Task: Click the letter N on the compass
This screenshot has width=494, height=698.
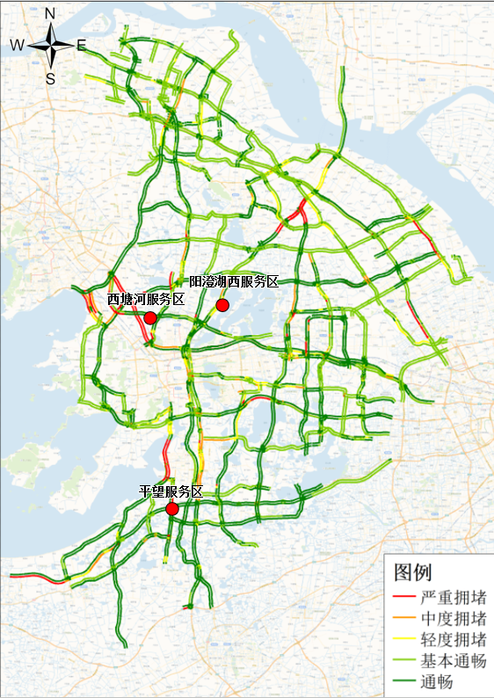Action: (50, 14)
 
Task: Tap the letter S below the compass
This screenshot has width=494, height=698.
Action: (50, 77)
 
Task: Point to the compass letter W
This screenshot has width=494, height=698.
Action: (17, 45)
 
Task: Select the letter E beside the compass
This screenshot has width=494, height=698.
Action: (81, 46)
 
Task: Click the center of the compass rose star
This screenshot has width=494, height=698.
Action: (50, 46)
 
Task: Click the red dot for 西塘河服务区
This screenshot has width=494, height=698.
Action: (150, 317)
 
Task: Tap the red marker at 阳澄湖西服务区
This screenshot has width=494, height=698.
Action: (222, 305)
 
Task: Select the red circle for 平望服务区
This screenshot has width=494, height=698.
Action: (172, 509)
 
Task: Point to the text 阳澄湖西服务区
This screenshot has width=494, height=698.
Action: (234, 282)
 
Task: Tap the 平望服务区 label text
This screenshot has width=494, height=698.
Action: (171, 492)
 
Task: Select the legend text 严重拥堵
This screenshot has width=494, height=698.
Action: (454, 597)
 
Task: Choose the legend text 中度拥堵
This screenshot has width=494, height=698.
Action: (454, 618)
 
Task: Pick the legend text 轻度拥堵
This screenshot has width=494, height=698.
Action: (454, 639)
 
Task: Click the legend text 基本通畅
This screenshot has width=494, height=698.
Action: (454, 660)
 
